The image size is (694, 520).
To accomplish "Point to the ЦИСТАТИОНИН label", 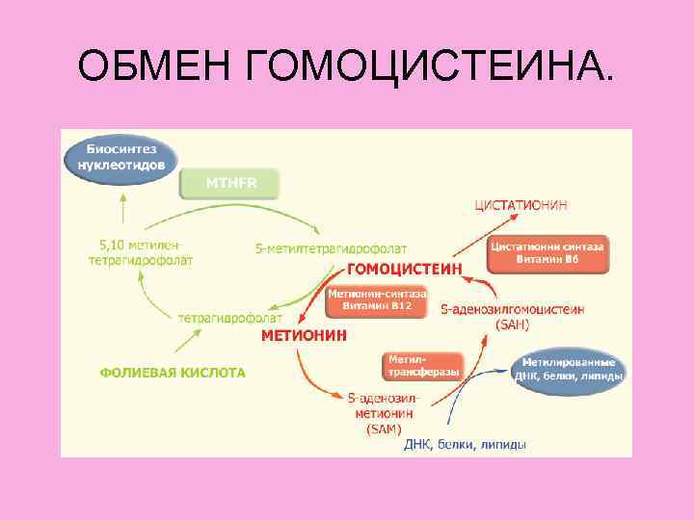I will click(521, 204).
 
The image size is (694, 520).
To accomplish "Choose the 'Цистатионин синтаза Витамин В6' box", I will click(547, 253).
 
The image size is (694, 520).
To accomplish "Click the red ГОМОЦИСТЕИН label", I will click(404, 268).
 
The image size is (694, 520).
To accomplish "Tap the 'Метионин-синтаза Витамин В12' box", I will click(369, 299).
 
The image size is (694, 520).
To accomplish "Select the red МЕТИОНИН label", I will click(305, 336).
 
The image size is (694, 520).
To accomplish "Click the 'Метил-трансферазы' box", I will click(423, 365).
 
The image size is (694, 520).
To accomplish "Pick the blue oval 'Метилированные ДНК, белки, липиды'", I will click(569, 368).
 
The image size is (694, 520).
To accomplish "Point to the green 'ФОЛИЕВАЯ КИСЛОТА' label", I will click(173, 372).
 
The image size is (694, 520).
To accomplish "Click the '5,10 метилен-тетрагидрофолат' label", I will click(141, 252).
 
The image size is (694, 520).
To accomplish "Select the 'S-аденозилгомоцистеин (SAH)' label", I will click(512, 317).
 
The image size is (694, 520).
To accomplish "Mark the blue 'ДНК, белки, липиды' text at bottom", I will click(465, 444).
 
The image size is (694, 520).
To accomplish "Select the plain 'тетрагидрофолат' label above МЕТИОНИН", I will click(230, 317).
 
